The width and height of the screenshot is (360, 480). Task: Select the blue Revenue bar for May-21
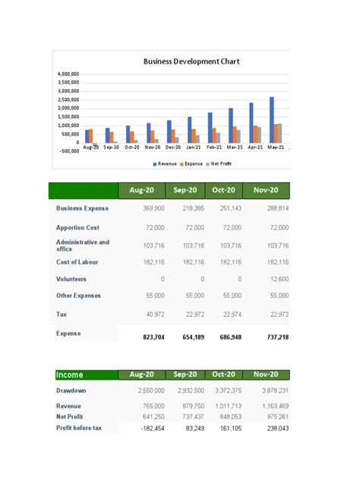click(271, 119)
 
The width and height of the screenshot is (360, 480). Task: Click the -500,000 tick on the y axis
click(68, 150)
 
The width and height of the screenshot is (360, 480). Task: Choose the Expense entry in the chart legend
click(194, 163)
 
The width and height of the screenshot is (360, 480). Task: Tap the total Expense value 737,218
click(275, 336)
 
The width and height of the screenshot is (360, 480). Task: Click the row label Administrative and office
click(83, 245)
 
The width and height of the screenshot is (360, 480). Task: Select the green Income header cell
click(84, 374)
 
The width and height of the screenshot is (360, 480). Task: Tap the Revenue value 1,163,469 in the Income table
click(273, 406)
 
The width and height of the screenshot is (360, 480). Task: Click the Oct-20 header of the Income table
click(225, 374)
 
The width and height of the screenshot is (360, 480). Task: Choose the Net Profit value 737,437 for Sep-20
click(190, 417)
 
